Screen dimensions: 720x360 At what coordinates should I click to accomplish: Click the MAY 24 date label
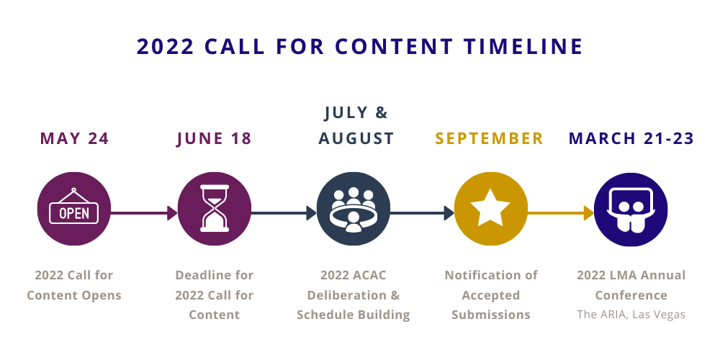click(x=74, y=139)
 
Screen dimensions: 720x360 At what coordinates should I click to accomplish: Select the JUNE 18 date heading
click(x=214, y=139)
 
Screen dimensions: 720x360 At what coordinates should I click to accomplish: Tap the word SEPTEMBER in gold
click(x=490, y=139)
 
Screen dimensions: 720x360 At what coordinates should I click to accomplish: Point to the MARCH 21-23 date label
click(x=631, y=139)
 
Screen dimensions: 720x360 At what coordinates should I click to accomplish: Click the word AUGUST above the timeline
click(x=356, y=139)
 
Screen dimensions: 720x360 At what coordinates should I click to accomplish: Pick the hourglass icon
click(x=215, y=208)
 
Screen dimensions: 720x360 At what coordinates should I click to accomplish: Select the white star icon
click(x=490, y=207)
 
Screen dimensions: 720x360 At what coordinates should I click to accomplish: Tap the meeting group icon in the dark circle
click(x=353, y=210)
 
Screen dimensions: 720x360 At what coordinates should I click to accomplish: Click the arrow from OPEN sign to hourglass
click(x=144, y=213)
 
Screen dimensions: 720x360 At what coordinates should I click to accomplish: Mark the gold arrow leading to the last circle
click(x=561, y=213)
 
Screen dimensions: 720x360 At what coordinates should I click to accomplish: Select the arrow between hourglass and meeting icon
click(x=284, y=213)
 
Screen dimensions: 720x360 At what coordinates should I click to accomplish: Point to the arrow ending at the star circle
click(x=422, y=213)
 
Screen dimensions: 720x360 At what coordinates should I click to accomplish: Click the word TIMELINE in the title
click(x=523, y=46)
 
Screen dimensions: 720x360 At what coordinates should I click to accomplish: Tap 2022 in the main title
click(x=166, y=46)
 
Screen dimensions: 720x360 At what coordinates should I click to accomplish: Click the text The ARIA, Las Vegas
click(x=631, y=315)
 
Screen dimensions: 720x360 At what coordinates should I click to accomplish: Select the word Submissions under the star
click(x=490, y=315)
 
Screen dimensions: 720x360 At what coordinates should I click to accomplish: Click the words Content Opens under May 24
click(x=74, y=295)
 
